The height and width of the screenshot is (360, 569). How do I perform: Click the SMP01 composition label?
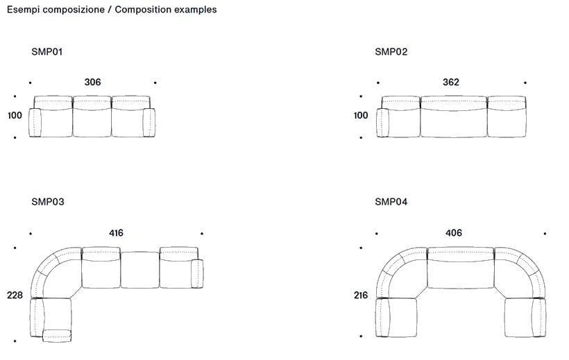pos(47,52)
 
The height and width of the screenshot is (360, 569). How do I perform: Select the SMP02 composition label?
pos(391,52)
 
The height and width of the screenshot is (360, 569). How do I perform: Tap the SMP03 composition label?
pos(48,202)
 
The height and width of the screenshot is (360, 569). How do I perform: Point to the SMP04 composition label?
pos(391,202)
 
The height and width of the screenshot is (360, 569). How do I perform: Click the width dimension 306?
pos(92,83)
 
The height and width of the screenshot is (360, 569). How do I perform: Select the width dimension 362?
pos(451,83)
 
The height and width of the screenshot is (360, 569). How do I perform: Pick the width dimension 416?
pos(116,233)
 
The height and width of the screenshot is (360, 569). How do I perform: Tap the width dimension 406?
pos(454,233)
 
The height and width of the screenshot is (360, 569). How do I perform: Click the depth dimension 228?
pos(15,295)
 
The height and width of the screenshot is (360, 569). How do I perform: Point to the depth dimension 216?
pos(361,295)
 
